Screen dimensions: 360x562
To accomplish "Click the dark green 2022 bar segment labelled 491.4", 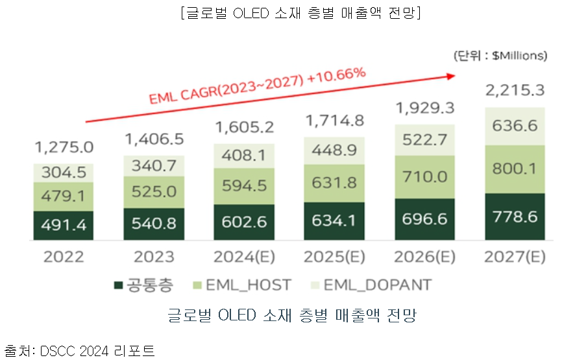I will coord(64,225).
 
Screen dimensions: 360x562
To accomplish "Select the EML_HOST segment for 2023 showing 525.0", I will coord(153,191).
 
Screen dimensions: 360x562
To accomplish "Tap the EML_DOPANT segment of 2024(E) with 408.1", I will coord(243,155).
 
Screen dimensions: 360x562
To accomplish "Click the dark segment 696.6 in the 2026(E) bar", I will coord(424,219).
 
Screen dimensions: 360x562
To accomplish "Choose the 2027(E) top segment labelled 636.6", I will coord(514,125).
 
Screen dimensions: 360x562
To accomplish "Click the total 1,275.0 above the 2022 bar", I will coord(64,147).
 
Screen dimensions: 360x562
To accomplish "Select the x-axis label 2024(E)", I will coord(243,256).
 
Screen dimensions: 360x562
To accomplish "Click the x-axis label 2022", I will coord(64,256).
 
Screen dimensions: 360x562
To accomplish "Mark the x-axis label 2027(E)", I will coord(514,256).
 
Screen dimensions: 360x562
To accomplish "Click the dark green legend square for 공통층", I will coord(118,285).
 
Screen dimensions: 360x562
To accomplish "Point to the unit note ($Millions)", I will coord(500,56).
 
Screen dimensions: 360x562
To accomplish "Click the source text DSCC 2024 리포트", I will coord(97,351).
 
